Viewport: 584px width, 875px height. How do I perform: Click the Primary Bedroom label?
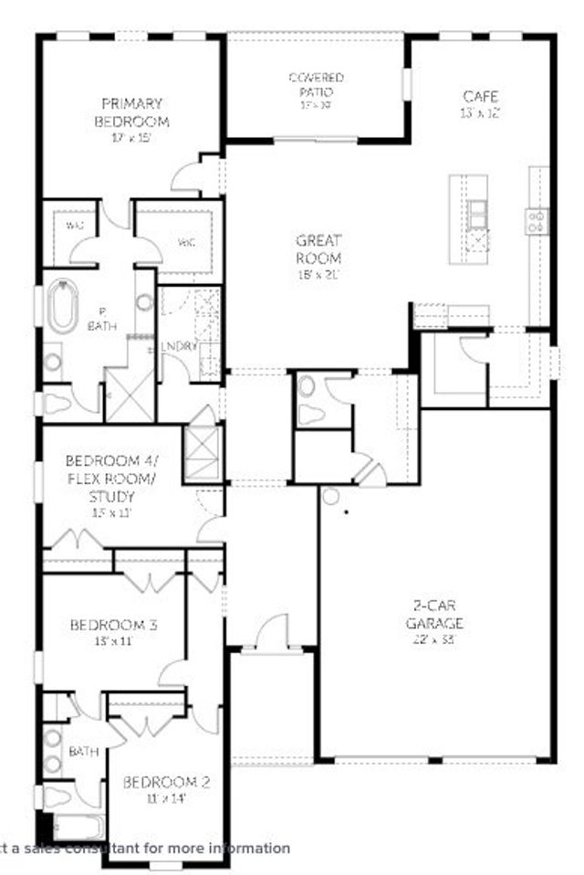tap(132, 111)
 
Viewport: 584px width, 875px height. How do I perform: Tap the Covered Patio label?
tap(316, 85)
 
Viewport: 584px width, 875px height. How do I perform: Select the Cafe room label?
tap(481, 96)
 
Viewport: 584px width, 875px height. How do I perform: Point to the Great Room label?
tap(318, 249)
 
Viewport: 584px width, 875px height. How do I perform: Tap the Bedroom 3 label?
tap(114, 626)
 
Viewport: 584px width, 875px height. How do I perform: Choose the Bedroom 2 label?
tap(167, 782)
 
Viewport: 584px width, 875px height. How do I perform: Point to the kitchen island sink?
tap(478, 216)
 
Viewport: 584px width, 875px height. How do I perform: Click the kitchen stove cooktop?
tap(537, 219)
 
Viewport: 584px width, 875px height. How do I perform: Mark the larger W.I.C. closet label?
tap(185, 243)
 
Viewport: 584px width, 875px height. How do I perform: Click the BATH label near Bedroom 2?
tap(84, 752)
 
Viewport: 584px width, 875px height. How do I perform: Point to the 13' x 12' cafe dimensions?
tap(480, 112)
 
